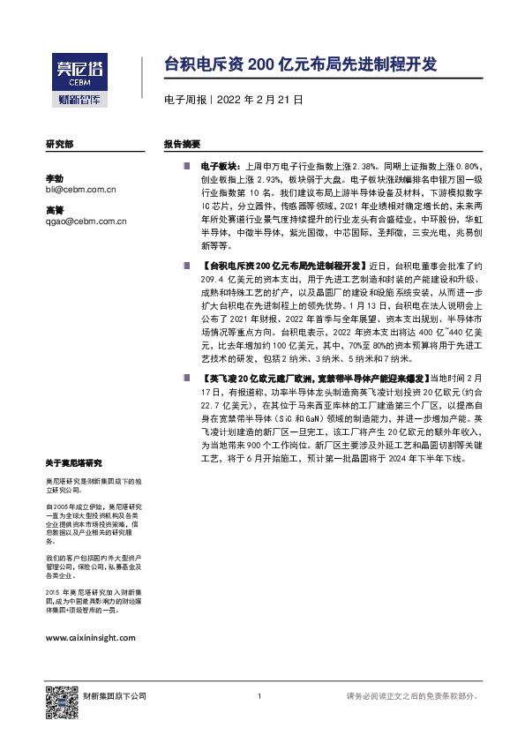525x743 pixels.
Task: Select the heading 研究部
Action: click(59, 143)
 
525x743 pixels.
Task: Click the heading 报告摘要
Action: click(182, 143)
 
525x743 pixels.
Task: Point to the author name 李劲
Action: click(54, 177)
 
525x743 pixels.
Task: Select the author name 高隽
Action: click(54, 210)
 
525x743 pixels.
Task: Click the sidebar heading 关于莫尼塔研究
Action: click(74, 462)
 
